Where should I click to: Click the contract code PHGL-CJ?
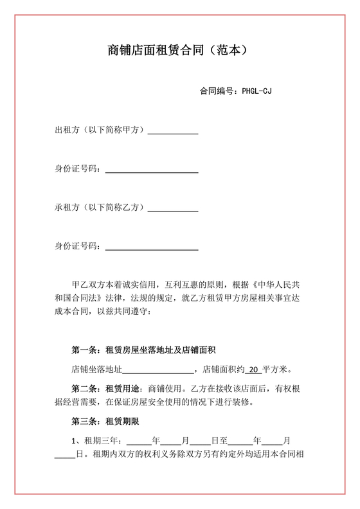(257, 91)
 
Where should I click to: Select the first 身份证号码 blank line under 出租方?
(151, 171)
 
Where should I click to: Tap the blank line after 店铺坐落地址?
(158, 371)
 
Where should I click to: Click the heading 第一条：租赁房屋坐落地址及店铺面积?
(143, 350)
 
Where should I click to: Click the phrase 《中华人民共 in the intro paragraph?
(278, 283)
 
